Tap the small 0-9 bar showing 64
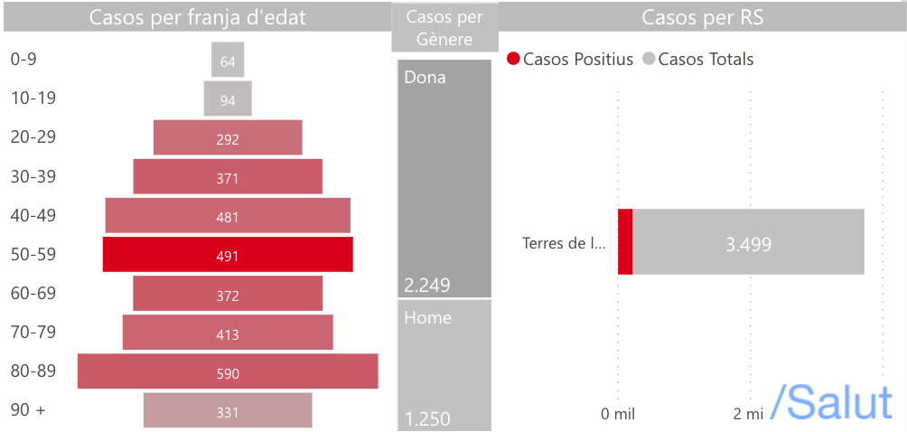[x=228, y=60]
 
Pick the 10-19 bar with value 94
[x=228, y=99]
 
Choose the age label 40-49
[x=33, y=215]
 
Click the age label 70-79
[x=33, y=332]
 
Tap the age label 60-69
[x=33, y=293]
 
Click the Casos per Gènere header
[x=444, y=27]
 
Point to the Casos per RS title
[x=702, y=17]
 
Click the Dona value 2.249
[x=427, y=286]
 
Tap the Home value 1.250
[x=427, y=419]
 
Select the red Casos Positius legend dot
[x=514, y=60]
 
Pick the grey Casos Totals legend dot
[x=649, y=60]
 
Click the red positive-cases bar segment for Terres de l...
[x=625, y=241]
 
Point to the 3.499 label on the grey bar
[x=749, y=243]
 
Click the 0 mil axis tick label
[x=618, y=414]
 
